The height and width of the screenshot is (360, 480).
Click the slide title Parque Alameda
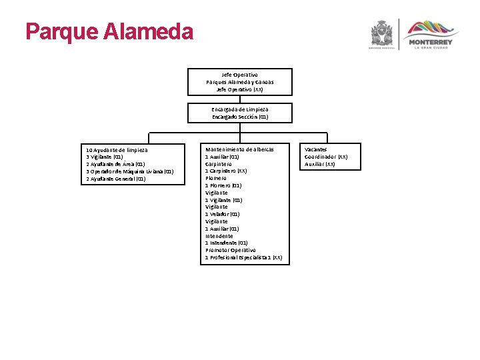[109, 31]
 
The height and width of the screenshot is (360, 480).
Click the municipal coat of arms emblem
[382, 34]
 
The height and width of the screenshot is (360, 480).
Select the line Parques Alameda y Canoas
[240, 82]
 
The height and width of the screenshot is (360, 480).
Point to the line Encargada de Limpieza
[240, 109]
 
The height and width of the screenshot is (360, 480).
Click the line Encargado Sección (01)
[240, 117]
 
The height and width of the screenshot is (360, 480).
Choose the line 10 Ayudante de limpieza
[117, 150]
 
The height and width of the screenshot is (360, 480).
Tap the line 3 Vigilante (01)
[105, 157]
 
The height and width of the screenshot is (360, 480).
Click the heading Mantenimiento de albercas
[239, 149]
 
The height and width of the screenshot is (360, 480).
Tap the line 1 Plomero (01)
[223, 185]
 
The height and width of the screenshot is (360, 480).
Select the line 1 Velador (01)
[223, 214]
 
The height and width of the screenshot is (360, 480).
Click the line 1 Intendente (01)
[227, 243]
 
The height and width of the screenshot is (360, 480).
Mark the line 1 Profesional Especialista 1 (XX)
[243, 257]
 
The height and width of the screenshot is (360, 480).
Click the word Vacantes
[316, 149]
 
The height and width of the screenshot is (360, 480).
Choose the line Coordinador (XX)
[326, 157]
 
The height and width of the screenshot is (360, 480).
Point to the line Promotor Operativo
[230, 250]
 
